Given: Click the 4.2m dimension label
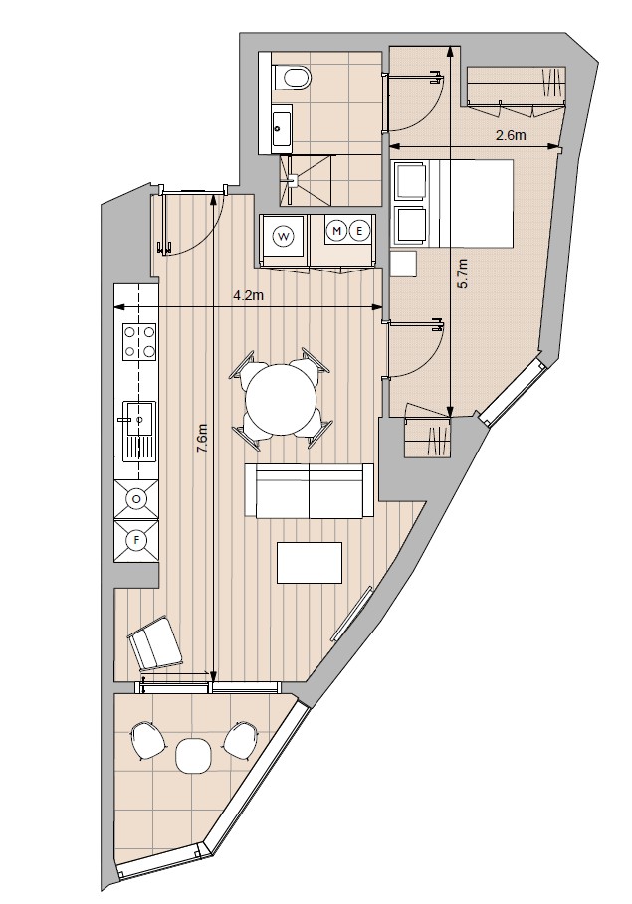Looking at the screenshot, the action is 248,296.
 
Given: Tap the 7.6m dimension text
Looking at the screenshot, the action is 202,439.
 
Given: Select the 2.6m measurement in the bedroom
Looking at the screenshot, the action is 511,136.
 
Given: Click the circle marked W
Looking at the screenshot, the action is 284,236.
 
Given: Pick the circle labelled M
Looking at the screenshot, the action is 336,231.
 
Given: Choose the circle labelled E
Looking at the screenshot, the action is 359,231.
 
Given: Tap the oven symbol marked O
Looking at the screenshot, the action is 136,499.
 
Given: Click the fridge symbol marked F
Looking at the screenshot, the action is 136,540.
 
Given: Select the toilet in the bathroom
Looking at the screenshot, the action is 292,77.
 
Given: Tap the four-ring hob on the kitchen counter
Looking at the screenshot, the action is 140,341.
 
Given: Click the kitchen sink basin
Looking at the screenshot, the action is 139,418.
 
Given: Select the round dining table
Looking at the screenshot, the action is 282,400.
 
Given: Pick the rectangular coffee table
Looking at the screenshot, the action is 310,562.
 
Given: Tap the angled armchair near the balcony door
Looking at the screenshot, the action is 154,643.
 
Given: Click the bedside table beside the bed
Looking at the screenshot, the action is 403,265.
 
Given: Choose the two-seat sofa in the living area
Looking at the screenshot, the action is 310,490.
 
